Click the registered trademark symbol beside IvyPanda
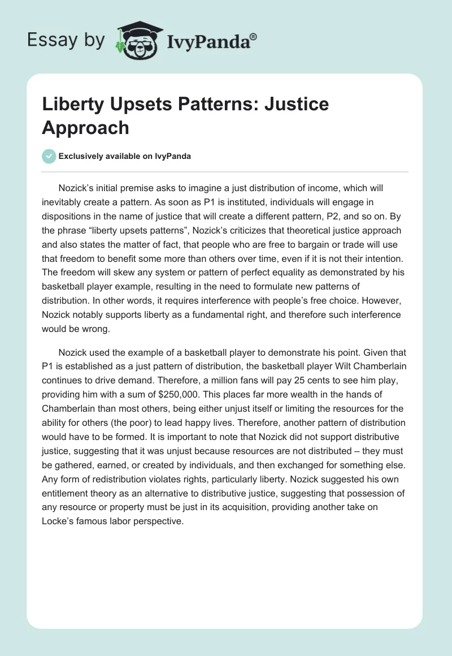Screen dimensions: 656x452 tap(254, 37)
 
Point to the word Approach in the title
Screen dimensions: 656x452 tap(85, 127)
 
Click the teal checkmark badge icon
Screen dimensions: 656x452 tap(49, 156)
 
